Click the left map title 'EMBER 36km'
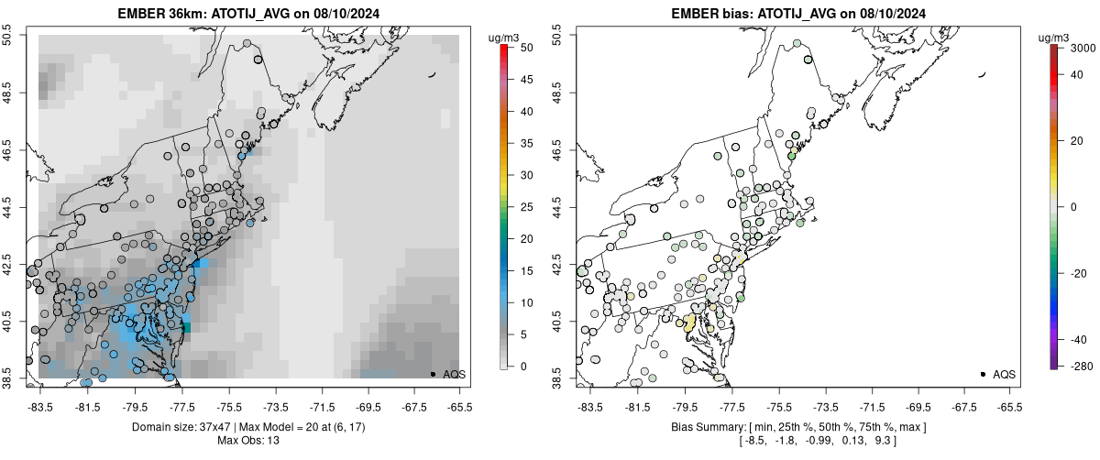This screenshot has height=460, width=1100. click(158, 14)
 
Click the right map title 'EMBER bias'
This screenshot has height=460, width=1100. click(702, 14)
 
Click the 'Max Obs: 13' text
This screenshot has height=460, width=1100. click(248, 441)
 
